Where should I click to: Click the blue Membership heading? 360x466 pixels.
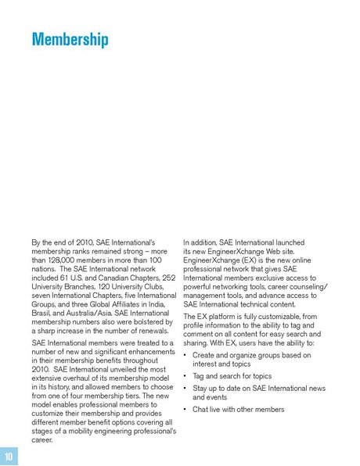(x=70, y=40)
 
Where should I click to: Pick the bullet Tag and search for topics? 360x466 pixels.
(x=232, y=375)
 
